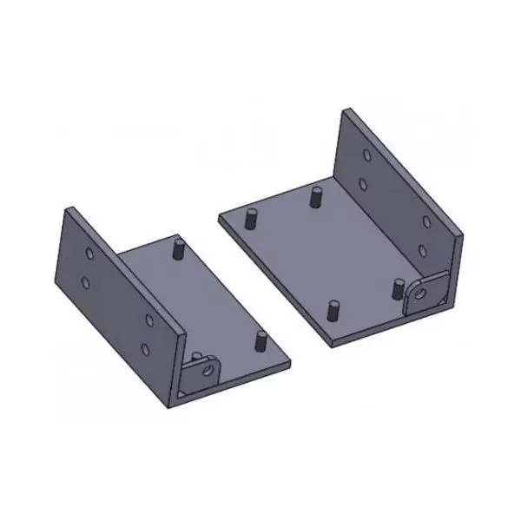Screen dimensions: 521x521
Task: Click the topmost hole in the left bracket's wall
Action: (90, 254)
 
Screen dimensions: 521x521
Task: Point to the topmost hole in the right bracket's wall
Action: (367, 157)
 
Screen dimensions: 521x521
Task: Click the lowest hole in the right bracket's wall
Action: (423, 251)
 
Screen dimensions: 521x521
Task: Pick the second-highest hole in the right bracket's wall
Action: (364, 184)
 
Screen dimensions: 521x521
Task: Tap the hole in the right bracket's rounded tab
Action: (421, 294)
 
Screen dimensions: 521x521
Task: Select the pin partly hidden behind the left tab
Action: (197, 355)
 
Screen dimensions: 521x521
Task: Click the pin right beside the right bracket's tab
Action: (396, 288)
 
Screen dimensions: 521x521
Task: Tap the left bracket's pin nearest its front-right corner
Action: (258, 340)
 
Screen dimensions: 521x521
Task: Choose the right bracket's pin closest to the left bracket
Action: (253, 217)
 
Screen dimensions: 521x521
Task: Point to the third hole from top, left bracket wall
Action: (149, 320)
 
